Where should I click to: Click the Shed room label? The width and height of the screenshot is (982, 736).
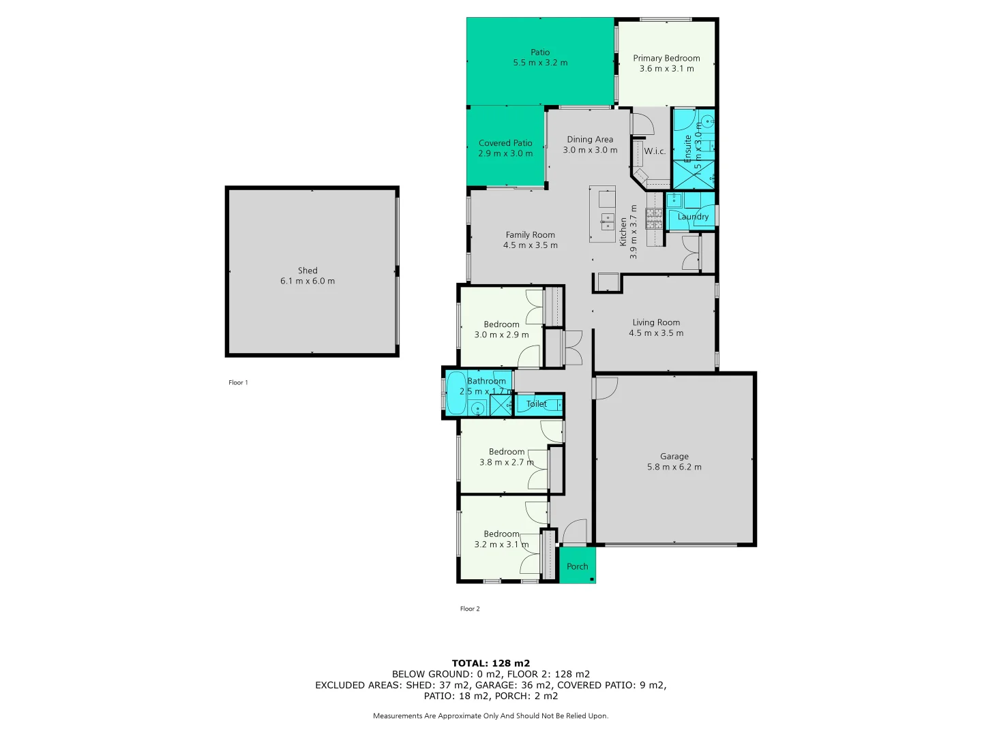coord(308,271)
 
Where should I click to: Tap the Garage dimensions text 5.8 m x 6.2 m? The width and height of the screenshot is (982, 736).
coord(674,467)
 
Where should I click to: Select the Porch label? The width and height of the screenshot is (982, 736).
coord(577,566)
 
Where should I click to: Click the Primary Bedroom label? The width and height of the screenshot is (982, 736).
coord(666,58)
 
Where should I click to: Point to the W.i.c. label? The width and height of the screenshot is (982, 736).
coord(655,151)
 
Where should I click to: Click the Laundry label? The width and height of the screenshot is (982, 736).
coord(693,217)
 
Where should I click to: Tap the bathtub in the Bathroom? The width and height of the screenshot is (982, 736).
coord(456,393)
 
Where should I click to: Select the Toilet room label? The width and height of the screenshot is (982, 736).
coord(537,404)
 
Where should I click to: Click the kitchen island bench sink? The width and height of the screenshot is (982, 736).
coord(607,219)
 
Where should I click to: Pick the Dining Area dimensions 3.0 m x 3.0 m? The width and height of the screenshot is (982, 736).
coord(590,150)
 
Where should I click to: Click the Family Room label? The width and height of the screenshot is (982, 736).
coord(530,234)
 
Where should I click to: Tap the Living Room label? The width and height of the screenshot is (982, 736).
coord(655,322)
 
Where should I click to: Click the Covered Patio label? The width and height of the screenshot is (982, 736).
coord(505,143)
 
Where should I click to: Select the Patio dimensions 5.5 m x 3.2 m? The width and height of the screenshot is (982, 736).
coord(540,63)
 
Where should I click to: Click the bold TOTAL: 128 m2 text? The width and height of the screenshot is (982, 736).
coord(491,663)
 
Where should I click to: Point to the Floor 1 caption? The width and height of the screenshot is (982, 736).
coord(238,382)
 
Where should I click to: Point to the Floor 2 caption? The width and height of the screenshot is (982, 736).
coord(470,609)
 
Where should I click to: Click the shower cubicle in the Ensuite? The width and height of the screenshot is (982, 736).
coord(694,174)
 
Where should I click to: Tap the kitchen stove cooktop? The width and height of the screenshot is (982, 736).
coord(654,218)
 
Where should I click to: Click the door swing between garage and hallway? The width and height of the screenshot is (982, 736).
coord(606,387)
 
